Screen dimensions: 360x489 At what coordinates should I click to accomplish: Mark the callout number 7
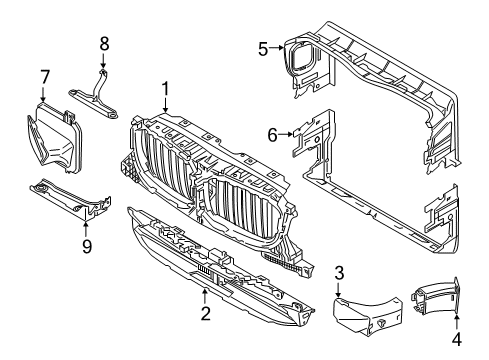coord(44,77)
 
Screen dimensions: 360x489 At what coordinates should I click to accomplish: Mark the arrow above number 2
coord(204,294)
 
